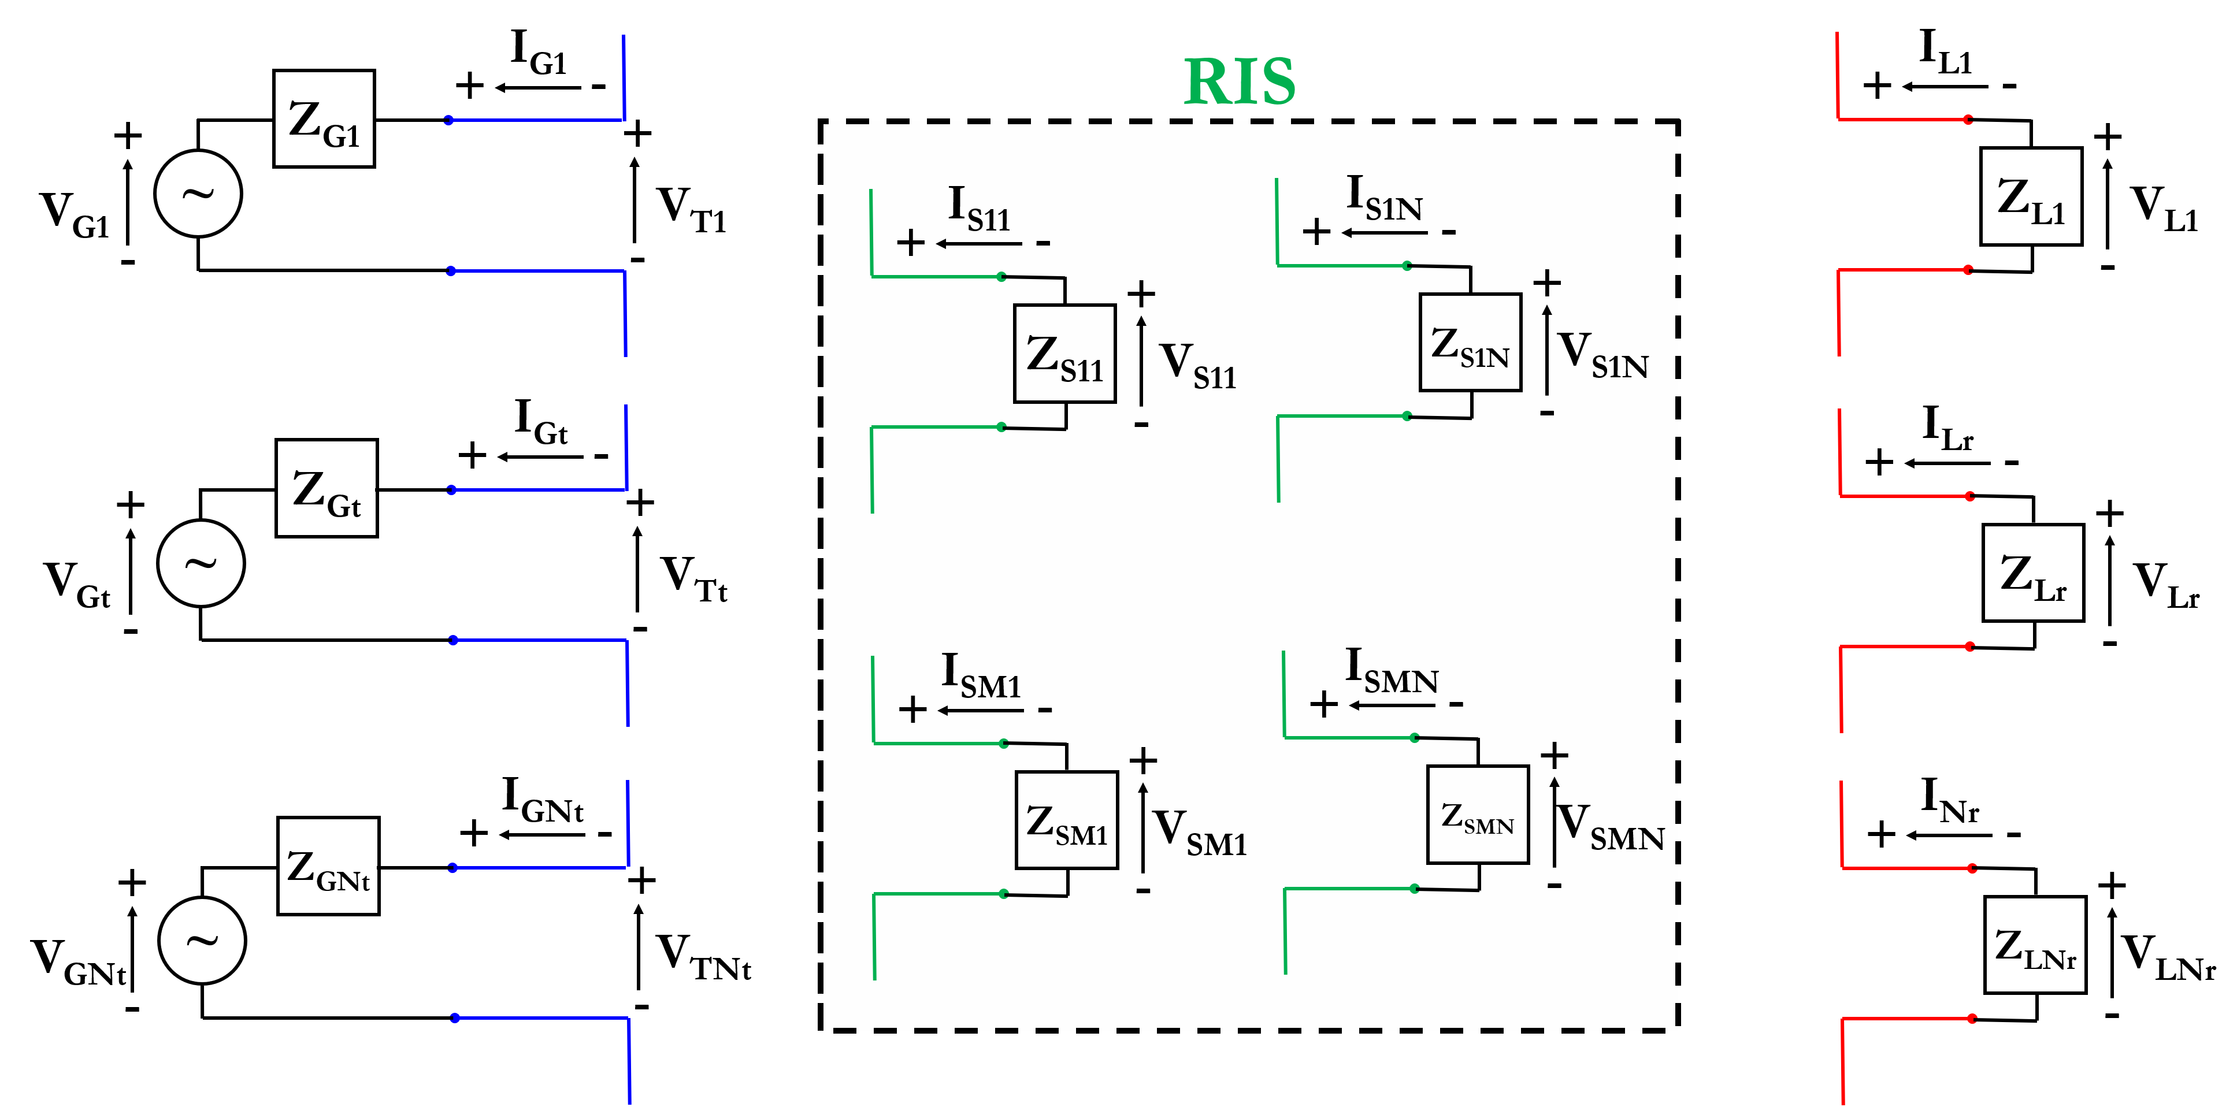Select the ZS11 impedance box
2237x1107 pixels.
[1064, 354]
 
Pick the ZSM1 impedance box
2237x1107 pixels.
[1066, 820]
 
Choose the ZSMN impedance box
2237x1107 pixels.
[1477, 815]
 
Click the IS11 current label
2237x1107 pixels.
[979, 209]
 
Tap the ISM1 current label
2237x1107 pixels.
[981, 675]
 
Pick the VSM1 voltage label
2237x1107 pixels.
[1199, 832]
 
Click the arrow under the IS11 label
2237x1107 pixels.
[979, 244]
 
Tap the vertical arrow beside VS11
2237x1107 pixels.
[1141, 361]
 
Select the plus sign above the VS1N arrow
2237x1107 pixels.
[1546, 282]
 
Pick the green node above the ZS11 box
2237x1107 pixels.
[1001, 277]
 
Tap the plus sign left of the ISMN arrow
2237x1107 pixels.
[1323, 704]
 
